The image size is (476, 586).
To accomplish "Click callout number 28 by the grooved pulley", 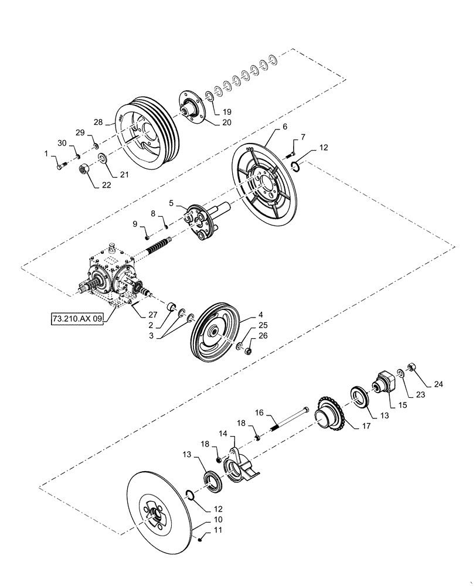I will click(98, 123).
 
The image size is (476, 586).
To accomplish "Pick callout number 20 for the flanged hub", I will click(227, 123).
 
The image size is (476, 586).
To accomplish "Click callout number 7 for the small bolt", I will click(303, 137).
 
